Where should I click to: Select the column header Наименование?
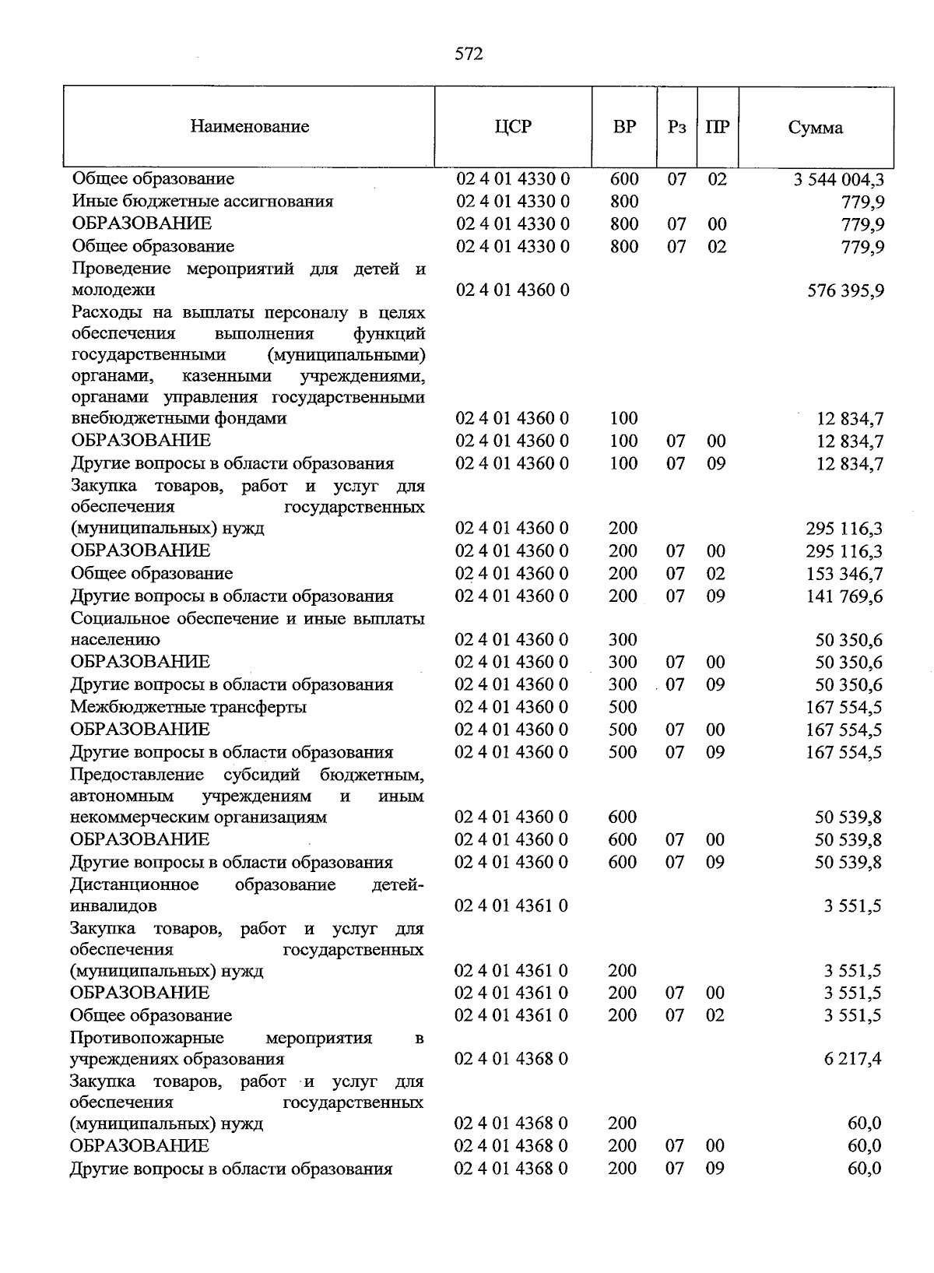click(x=250, y=126)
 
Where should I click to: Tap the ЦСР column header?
click(x=513, y=126)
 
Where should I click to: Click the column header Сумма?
click(x=815, y=128)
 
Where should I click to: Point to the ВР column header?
click(x=624, y=126)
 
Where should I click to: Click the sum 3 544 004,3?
click(x=838, y=180)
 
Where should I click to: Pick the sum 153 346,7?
click(x=845, y=575)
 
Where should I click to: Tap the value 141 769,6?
click(x=845, y=597)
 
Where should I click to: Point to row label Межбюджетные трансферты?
click(x=188, y=707)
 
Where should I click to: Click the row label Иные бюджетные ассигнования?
click(x=202, y=202)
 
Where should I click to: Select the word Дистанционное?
click(x=135, y=885)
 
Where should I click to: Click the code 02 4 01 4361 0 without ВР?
click(x=511, y=906)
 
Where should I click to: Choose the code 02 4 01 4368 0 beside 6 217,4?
click(x=511, y=1060)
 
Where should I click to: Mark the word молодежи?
click(x=113, y=290)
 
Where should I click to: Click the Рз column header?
click(x=676, y=127)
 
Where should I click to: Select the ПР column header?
click(x=717, y=127)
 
